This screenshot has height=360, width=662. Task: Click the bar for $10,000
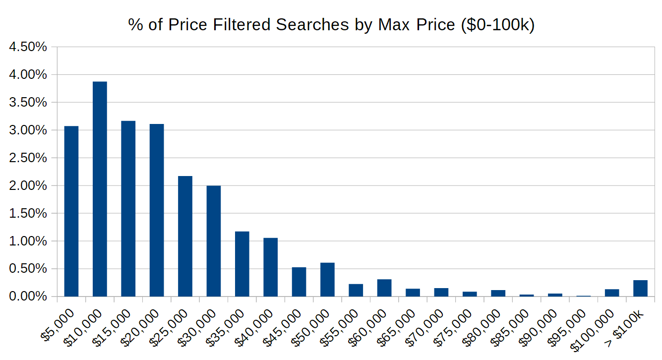click(x=100, y=189)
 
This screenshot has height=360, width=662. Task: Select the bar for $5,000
click(x=71, y=211)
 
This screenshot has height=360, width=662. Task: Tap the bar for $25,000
click(x=185, y=236)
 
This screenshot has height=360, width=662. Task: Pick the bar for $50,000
click(x=327, y=280)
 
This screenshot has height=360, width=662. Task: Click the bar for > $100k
click(x=640, y=288)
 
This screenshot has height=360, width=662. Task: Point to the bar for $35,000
click(x=242, y=264)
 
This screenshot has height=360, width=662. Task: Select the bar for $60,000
click(x=384, y=288)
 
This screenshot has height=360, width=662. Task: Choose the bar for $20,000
click(x=157, y=210)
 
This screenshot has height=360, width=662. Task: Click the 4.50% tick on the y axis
click(x=28, y=47)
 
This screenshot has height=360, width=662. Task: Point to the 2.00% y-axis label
click(x=28, y=186)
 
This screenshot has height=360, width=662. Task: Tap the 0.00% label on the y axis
click(x=28, y=297)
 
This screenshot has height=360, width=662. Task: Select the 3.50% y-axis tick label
click(x=28, y=103)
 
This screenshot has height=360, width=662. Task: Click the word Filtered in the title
click(x=238, y=25)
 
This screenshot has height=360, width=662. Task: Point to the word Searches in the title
click(x=312, y=25)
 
